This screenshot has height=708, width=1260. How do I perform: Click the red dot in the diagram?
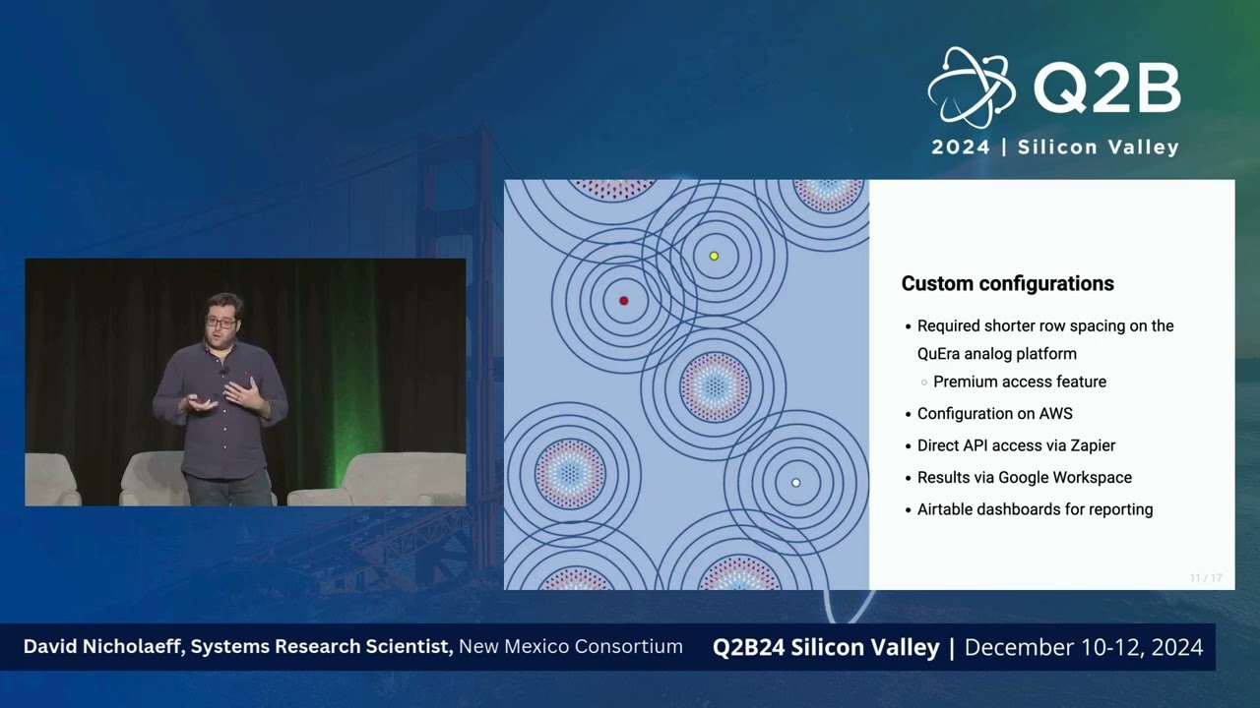click(x=623, y=301)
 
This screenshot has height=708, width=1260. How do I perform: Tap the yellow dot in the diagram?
click(x=715, y=256)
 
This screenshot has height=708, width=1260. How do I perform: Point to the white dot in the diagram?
click(x=796, y=483)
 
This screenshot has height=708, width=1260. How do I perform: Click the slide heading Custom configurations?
click(x=1007, y=284)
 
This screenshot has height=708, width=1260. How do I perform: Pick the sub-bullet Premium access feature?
click(x=1019, y=382)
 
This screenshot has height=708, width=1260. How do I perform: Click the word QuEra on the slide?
click(x=943, y=354)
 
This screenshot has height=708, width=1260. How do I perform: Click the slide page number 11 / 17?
click(x=1205, y=578)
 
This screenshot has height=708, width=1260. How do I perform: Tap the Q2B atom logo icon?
click(x=971, y=88)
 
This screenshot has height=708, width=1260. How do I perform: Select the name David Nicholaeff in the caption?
click(x=103, y=647)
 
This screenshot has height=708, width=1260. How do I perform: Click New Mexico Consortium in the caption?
click(x=571, y=647)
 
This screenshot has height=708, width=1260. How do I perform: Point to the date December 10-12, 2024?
click(x=1084, y=647)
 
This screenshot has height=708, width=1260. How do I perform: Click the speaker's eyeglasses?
click(x=220, y=322)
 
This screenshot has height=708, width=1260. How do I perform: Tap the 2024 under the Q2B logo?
click(x=961, y=147)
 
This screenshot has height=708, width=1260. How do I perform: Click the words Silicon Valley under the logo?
click(x=1098, y=147)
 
